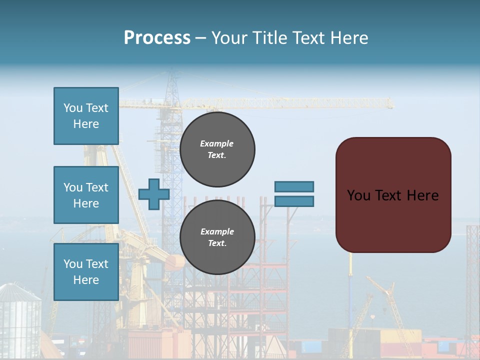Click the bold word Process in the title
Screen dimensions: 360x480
click(x=157, y=38)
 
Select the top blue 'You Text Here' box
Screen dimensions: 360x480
click(x=86, y=116)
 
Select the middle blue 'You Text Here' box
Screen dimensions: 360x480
click(x=86, y=195)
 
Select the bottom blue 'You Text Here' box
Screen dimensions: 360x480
click(x=86, y=271)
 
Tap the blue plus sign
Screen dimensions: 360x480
click(x=153, y=194)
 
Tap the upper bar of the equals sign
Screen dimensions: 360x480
click(x=294, y=186)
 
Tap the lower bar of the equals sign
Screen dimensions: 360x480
click(x=294, y=201)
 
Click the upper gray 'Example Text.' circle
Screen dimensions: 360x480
click(x=217, y=149)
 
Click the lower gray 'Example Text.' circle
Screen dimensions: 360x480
click(x=217, y=237)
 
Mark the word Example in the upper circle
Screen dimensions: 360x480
click(x=216, y=143)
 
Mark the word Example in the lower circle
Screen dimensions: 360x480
click(x=217, y=231)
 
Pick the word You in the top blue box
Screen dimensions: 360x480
click(x=73, y=108)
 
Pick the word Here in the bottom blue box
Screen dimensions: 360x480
click(x=86, y=280)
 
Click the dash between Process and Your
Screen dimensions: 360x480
click(x=200, y=38)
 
